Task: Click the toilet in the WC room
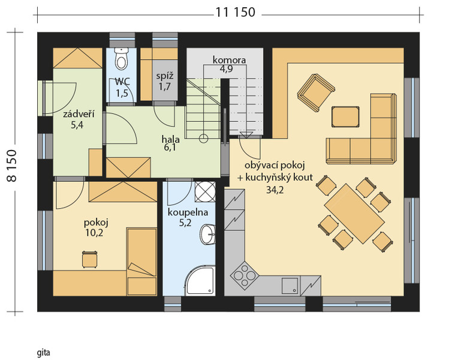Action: click(x=121, y=59)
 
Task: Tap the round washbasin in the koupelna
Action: click(x=207, y=234)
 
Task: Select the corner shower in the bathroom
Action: click(x=200, y=281)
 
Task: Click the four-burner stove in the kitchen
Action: click(x=244, y=275)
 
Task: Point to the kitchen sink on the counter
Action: click(x=290, y=285)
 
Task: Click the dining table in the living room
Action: click(x=354, y=214)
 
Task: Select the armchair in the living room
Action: click(x=317, y=92)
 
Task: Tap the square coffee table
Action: click(x=345, y=116)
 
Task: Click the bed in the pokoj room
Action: click(x=141, y=262)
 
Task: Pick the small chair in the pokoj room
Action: click(x=90, y=259)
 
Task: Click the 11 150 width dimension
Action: click(x=236, y=13)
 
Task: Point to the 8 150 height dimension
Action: click(x=12, y=166)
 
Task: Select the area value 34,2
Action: click(x=275, y=190)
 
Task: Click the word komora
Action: click(x=229, y=60)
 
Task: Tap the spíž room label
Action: click(x=165, y=76)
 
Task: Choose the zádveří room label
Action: click(x=79, y=114)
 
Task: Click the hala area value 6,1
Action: click(x=170, y=148)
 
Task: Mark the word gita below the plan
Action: click(x=44, y=353)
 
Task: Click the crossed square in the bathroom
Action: click(x=205, y=192)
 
